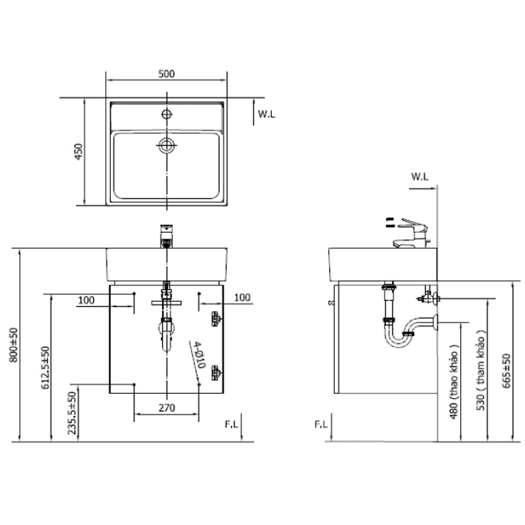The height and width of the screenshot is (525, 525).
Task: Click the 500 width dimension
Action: [x=167, y=74]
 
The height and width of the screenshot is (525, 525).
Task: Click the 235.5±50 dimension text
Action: [x=72, y=413]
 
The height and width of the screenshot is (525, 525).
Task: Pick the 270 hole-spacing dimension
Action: [x=167, y=408]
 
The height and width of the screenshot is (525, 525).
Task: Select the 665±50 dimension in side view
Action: [x=506, y=371]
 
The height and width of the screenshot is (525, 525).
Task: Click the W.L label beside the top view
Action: [x=266, y=114]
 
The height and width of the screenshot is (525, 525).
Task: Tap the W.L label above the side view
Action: [x=420, y=175]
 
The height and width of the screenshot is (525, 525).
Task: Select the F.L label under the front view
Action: [x=232, y=425]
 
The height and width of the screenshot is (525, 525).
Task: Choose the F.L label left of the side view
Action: [x=320, y=424]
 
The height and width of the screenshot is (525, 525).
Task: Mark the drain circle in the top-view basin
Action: [x=167, y=145]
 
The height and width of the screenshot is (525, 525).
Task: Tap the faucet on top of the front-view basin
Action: [x=167, y=235]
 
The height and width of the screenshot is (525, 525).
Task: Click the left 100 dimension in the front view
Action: [x=86, y=299]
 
